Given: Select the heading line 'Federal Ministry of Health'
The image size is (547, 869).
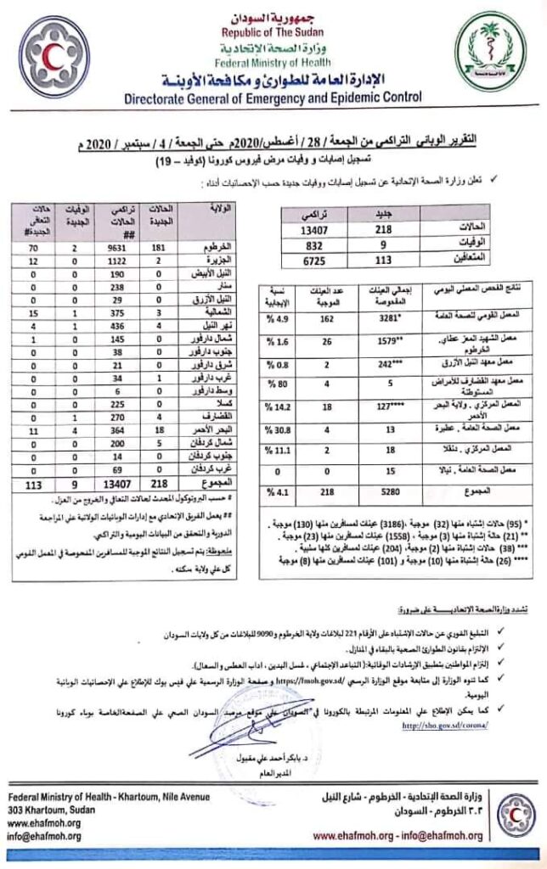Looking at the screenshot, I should (x=274, y=60).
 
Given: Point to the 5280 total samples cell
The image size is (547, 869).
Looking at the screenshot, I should (x=378, y=491).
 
